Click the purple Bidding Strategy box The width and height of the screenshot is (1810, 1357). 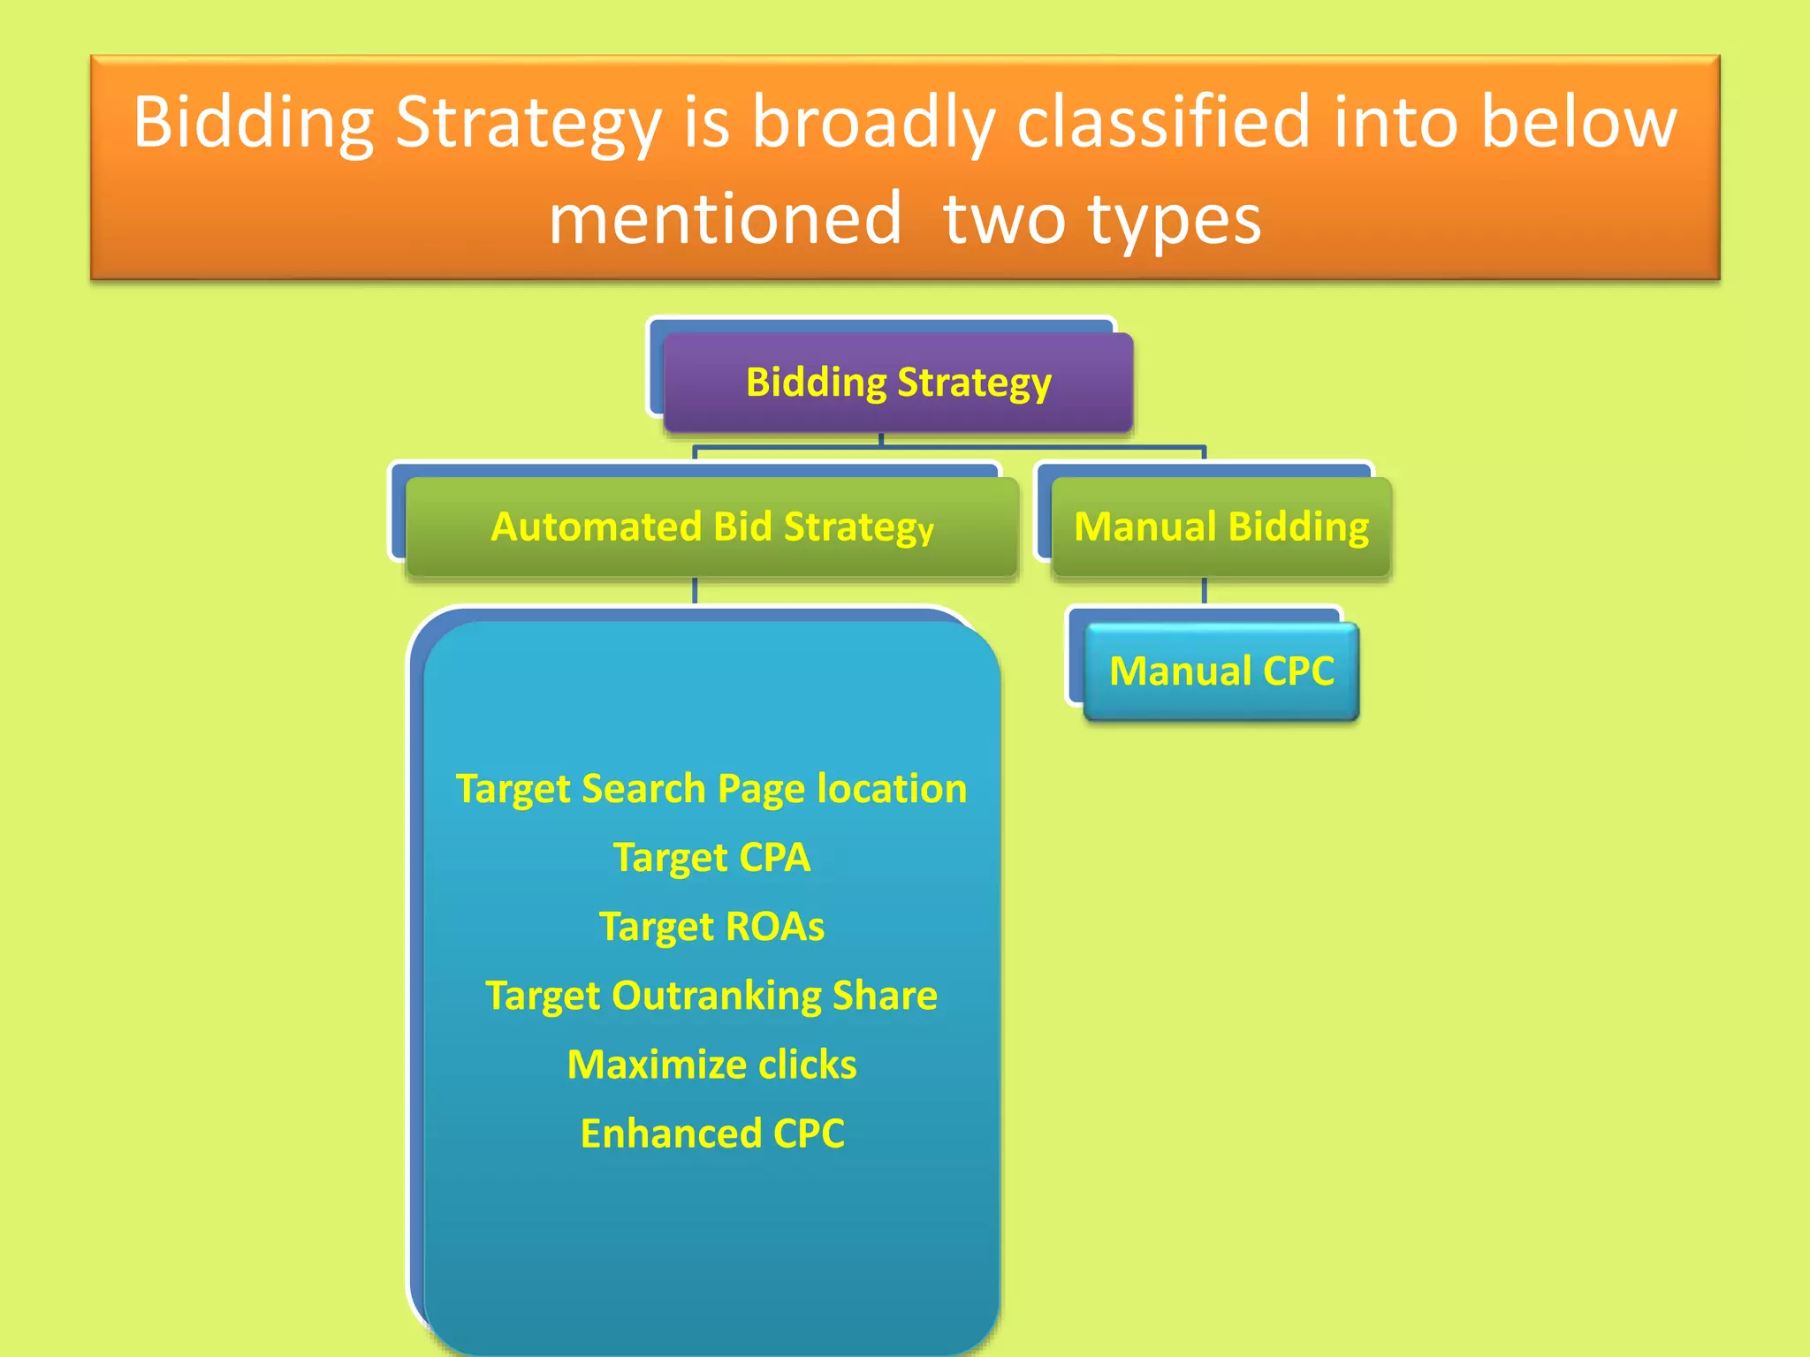click(898, 383)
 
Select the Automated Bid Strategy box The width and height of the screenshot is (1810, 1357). click(711, 527)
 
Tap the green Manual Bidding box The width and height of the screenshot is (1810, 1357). click(1221, 527)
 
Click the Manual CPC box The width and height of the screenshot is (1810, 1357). click(1221, 671)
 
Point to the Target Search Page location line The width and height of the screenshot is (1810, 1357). click(711, 789)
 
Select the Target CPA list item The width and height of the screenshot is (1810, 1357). click(711, 858)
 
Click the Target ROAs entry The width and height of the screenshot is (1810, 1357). click(711, 927)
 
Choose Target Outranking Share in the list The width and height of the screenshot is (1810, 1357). click(711, 996)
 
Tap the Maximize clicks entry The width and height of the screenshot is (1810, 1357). click(711, 1065)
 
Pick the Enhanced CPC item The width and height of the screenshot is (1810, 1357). click(711, 1133)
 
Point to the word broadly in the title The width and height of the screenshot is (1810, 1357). click(873, 124)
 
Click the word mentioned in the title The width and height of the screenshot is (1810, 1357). click(725, 218)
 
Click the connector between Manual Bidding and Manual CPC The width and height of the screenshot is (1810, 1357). click(1204, 591)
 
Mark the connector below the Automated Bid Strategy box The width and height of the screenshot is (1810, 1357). click(695, 591)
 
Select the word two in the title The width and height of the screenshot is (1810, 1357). click(1004, 219)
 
